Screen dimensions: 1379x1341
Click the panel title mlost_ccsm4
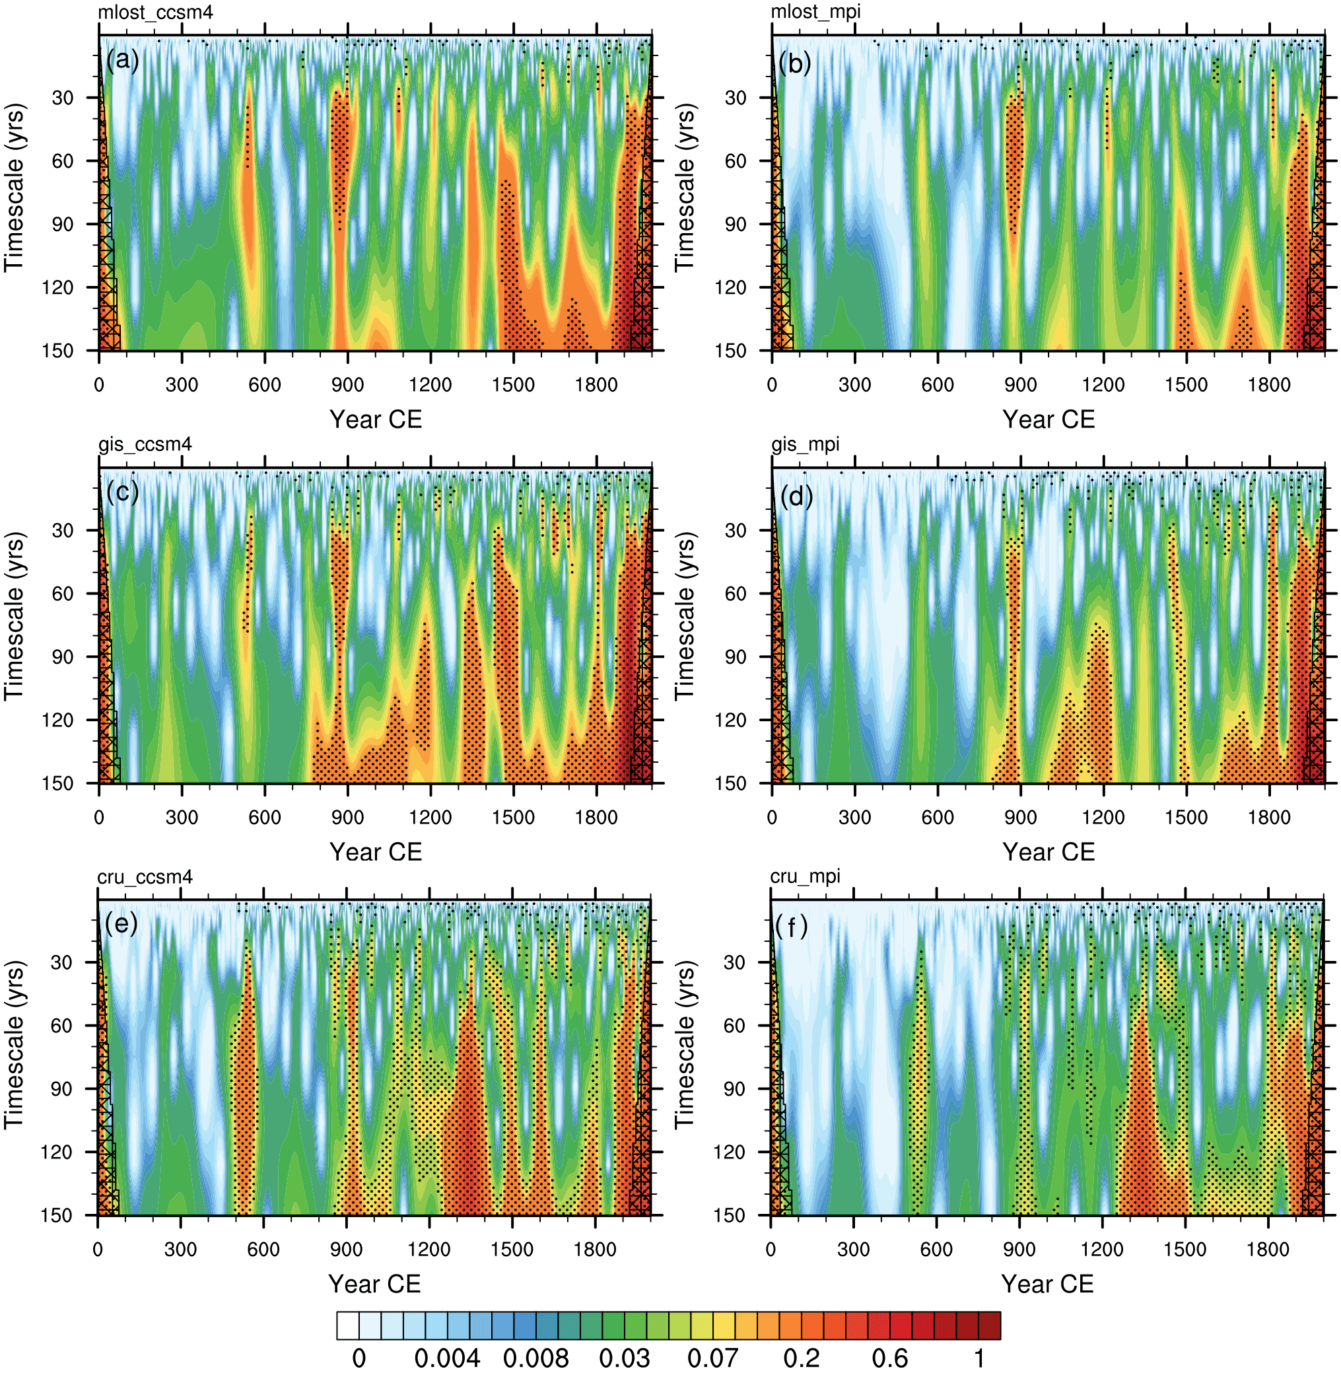(x=155, y=12)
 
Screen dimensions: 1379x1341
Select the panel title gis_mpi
(x=805, y=444)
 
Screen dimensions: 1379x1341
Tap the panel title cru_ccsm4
(x=145, y=876)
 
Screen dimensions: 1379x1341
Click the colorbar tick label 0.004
(x=447, y=1357)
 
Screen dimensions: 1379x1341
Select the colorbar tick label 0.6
(x=889, y=1357)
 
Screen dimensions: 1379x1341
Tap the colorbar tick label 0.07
(x=713, y=1357)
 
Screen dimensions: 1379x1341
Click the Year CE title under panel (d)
(x=1048, y=851)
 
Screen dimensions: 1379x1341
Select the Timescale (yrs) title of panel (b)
(x=685, y=188)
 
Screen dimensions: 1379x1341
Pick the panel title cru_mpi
(x=805, y=876)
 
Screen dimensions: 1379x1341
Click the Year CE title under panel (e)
(x=374, y=1283)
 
